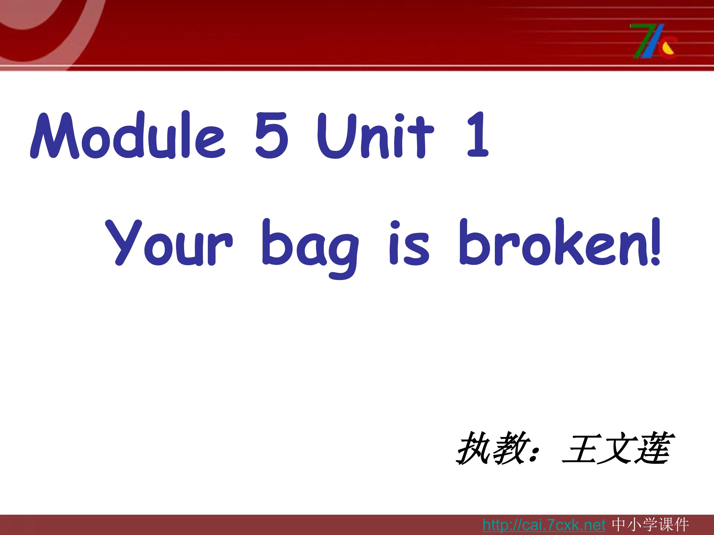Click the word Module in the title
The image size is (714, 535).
(x=127, y=135)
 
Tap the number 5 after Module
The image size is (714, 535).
(x=271, y=135)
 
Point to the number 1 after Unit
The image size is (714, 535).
(x=478, y=135)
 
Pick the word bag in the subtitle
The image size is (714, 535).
(x=310, y=247)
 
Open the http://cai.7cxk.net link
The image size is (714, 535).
(x=544, y=525)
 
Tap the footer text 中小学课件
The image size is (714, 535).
(x=651, y=525)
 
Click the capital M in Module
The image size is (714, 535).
(x=55, y=135)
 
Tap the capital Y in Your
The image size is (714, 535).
(x=124, y=242)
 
